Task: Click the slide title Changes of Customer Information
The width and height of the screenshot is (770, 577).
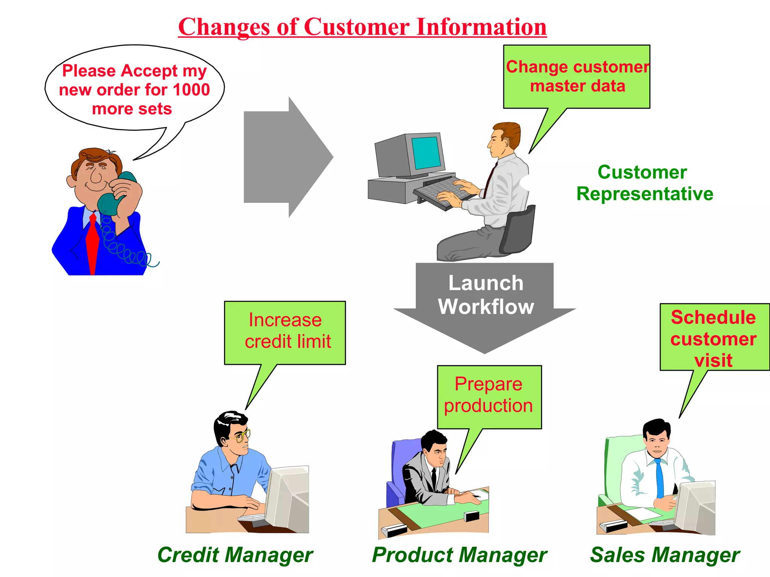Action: pos(362,27)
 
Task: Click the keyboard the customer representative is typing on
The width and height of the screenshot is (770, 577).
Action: pos(444,192)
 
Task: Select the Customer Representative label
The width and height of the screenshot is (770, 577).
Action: pos(644,183)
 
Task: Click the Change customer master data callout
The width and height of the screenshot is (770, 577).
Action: pos(577,77)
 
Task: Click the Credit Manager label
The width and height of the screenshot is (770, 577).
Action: pos(235,555)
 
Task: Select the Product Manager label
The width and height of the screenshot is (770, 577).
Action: pos(459,555)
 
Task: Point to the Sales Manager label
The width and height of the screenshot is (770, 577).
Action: pos(665,555)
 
